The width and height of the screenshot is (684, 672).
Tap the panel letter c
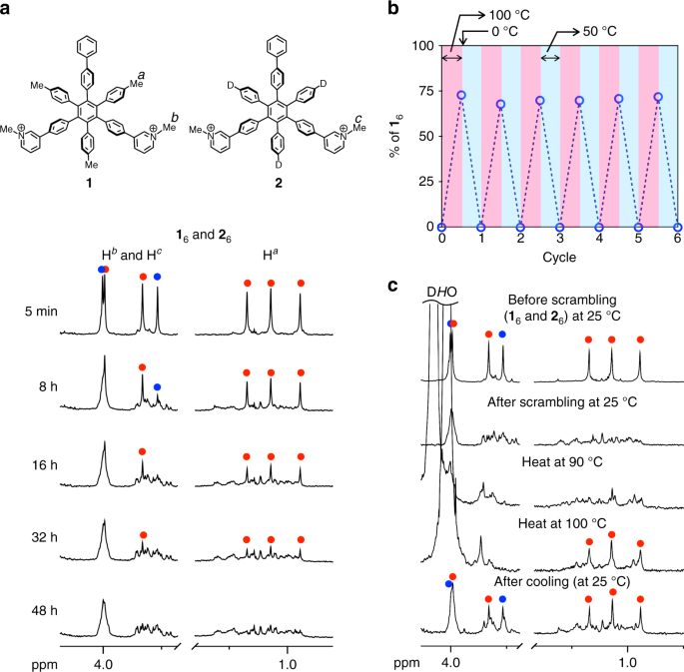tap(394, 287)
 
